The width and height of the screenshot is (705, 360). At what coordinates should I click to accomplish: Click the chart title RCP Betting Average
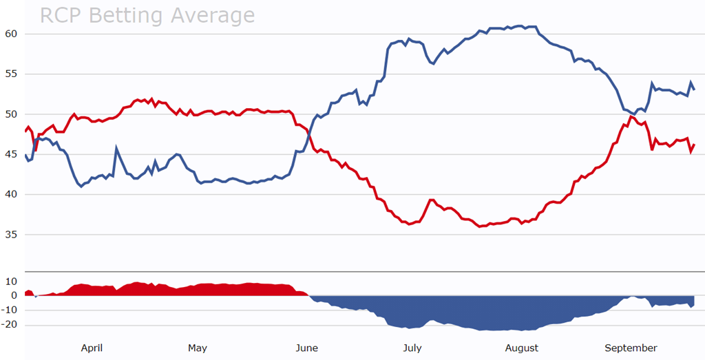tap(147, 15)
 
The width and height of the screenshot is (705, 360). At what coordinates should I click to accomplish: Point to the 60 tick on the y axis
tap(11, 34)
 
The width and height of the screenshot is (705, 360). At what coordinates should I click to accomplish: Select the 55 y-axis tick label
tap(11, 74)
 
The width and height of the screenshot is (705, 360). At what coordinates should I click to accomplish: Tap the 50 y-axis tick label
tap(11, 114)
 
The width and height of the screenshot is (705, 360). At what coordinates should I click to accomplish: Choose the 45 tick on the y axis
tap(11, 154)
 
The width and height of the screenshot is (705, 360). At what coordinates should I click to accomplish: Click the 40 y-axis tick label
tap(11, 194)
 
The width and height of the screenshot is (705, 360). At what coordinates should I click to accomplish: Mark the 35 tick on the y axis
tap(11, 234)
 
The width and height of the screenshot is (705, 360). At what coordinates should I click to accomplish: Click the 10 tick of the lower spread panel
tap(11, 281)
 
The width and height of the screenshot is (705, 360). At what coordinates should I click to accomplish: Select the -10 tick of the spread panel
tap(9, 310)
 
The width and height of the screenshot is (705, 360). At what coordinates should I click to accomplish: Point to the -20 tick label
tap(9, 324)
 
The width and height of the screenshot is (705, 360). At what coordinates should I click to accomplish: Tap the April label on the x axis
tap(92, 348)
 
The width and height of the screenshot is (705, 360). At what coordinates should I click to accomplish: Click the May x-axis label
tap(198, 348)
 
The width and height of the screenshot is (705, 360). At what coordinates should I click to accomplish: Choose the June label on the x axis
tap(306, 348)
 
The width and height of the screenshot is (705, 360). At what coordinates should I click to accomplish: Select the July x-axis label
tap(412, 348)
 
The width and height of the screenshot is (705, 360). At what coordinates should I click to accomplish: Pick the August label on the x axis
tap(522, 348)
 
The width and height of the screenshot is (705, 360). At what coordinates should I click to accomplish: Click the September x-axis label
tap(631, 348)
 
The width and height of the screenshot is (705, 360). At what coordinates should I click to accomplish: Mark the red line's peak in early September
tap(631, 116)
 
